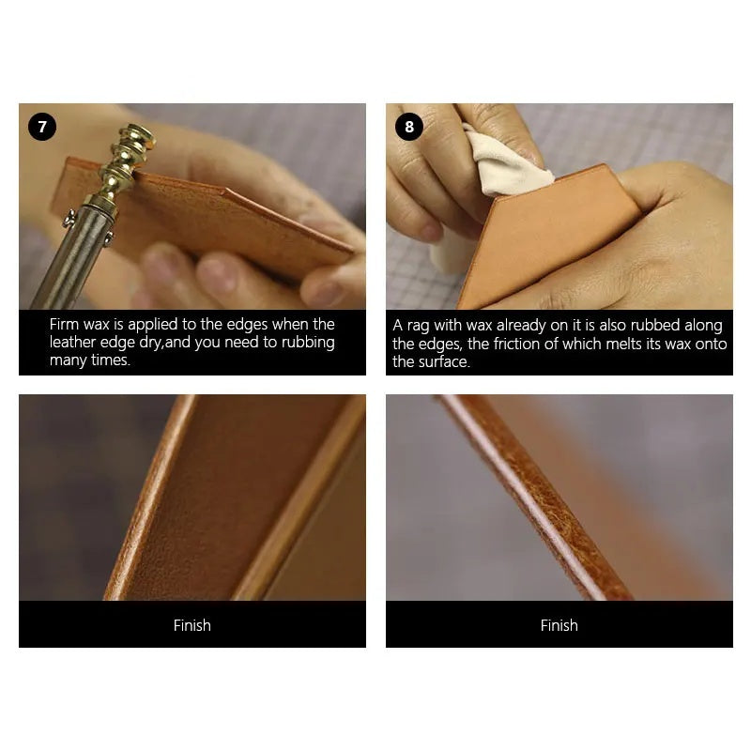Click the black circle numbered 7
coord(42,127)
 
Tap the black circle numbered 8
coord(409,127)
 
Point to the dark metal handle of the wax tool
coord(72,259)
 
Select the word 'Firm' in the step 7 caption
coord(64,324)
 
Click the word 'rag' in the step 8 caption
coord(419,326)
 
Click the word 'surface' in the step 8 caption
coord(444,361)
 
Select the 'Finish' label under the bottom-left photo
coord(192,625)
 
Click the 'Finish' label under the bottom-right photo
coord(559,625)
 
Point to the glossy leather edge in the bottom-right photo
coord(531,498)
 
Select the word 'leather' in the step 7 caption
coord(73,343)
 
